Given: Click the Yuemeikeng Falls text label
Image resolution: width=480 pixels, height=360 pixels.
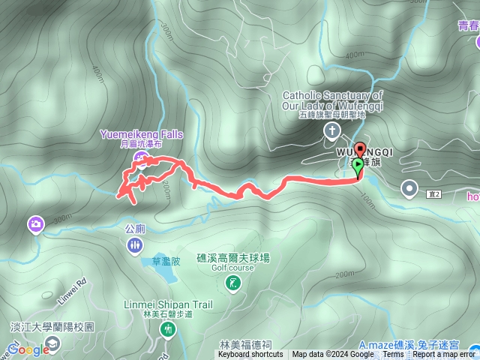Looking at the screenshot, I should click(x=141, y=134).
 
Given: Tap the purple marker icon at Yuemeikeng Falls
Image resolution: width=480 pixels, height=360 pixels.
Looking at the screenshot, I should click(x=142, y=157).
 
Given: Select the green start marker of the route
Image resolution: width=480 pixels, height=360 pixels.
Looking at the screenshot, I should click(x=358, y=166).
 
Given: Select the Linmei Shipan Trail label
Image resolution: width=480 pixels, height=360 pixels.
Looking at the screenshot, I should click(x=168, y=304).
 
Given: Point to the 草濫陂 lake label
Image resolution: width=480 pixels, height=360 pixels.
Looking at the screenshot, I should click(x=166, y=261).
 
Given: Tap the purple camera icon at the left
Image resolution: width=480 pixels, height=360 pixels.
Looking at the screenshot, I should click(x=36, y=223).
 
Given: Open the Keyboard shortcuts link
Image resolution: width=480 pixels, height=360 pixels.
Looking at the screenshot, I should click(x=250, y=355).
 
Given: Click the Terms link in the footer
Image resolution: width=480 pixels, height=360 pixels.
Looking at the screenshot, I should click(x=393, y=355).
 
